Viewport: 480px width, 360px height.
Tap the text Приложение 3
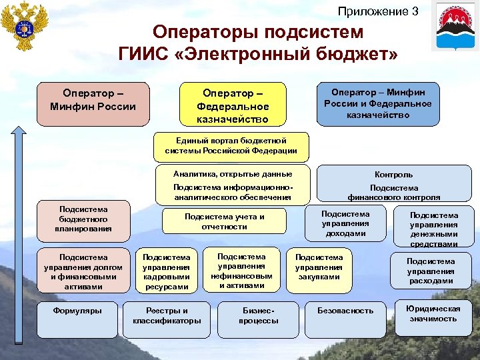click(x=378, y=11)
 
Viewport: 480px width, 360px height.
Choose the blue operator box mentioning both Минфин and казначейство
click(x=377, y=103)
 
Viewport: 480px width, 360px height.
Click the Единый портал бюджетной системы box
click(x=231, y=146)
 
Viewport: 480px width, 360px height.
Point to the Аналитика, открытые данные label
click(x=232, y=173)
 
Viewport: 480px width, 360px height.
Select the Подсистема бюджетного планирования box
click(x=83, y=219)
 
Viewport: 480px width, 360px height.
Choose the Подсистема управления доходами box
click(x=345, y=223)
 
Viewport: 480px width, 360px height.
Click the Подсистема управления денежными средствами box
click(x=433, y=229)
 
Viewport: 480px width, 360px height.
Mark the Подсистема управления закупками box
click(x=319, y=267)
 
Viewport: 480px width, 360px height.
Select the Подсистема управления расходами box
click(x=430, y=271)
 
